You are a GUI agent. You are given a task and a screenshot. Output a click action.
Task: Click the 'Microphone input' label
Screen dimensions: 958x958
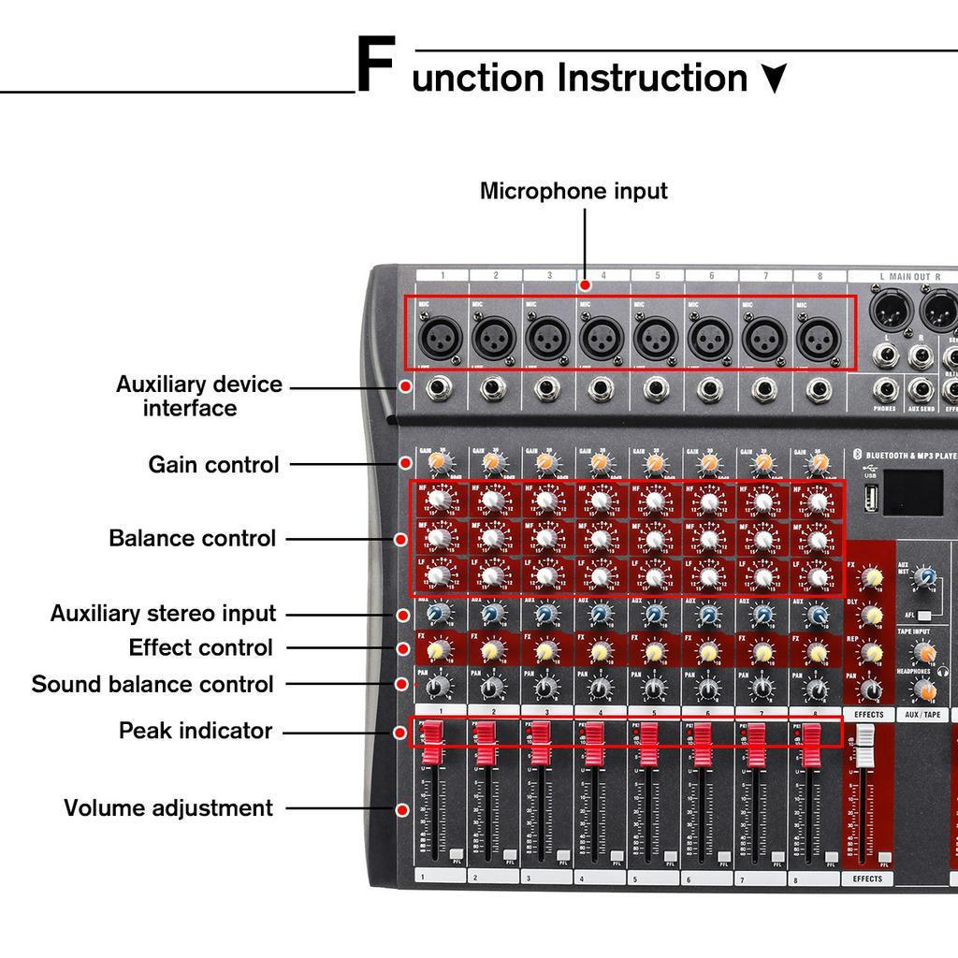[x=573, y=191]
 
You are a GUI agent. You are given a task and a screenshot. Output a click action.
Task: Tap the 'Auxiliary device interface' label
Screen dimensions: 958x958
[x=198, y=397]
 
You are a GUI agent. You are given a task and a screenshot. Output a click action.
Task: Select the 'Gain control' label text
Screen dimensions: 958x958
[x=213, y=465]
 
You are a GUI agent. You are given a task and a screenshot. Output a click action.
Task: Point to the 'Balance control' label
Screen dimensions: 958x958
[x=192, y=538]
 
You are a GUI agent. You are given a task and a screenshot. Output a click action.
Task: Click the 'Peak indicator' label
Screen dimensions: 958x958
[x=195, y=731]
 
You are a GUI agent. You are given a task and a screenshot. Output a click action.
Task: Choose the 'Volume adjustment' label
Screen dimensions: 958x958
[x=168, y=807]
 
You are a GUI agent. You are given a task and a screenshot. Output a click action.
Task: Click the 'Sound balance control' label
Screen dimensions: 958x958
[x=152, y=684]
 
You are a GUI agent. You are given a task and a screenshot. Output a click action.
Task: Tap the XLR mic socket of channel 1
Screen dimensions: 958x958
[x=439, y=337]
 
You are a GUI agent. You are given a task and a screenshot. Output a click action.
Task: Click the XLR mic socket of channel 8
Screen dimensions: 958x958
[x=820, y=338]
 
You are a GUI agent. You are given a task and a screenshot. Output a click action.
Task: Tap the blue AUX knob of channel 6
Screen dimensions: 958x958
[x=709, y=615]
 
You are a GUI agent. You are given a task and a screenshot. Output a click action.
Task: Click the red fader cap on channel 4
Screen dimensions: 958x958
[x=594, y=745]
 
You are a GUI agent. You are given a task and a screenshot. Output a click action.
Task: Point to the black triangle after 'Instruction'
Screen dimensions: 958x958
[x=773, y=79]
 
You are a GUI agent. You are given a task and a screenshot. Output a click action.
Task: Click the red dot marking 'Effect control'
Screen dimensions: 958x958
[x=402, y=648]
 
